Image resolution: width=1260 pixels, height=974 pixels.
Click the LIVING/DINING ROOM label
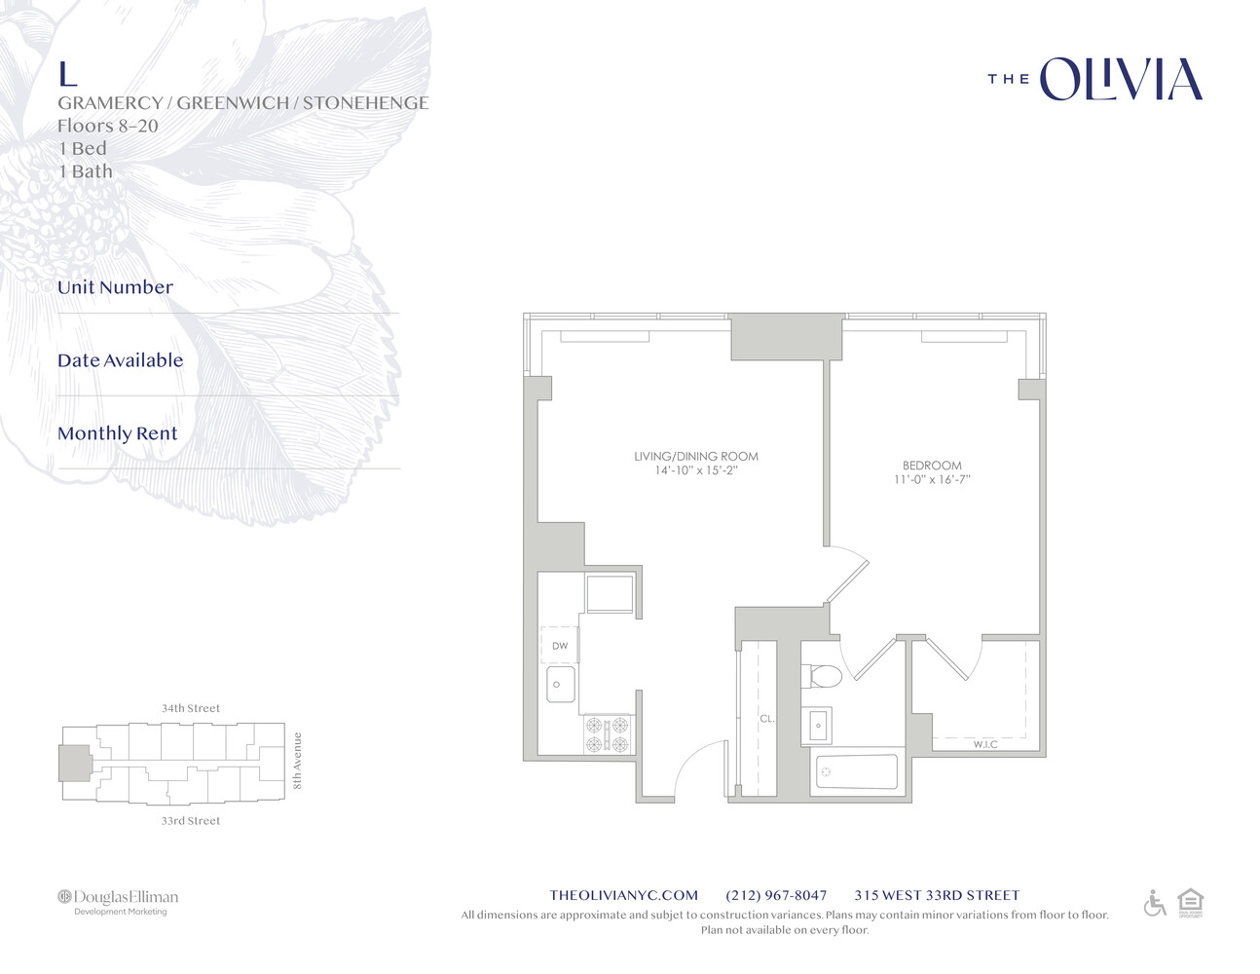tap(695, 456)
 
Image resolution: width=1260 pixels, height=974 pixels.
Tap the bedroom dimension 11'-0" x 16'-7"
tap(932, 479)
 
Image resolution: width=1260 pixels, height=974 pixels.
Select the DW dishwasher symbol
tap(559, 646)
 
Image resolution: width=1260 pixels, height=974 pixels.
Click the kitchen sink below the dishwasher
tap(559, 684)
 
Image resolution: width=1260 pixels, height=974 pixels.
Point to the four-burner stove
tap(608, 734)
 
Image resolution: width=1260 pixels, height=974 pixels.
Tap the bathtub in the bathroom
tap(855, 771)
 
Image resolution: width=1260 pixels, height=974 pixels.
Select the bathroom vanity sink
tap(817, 726)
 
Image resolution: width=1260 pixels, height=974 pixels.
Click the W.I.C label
tap(984, 744)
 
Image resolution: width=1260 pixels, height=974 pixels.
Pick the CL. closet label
tap(766, 719)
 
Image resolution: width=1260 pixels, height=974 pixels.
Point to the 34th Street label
tap(191, 708)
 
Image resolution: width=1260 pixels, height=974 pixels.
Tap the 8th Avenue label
tap(298, 761)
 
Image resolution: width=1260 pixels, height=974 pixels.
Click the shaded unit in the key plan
tap(74, 763)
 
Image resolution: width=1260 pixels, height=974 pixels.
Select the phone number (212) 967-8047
tap(776, 895)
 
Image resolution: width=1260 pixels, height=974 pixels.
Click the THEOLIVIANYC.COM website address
tap(623, 895)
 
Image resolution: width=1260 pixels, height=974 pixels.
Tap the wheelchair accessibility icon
tap(1154, 903)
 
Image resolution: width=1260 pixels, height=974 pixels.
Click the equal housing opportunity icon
tap(1190, 902)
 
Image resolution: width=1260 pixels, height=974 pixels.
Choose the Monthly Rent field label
tap(118, 433)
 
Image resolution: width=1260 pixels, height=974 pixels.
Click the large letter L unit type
tap(67, 74)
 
